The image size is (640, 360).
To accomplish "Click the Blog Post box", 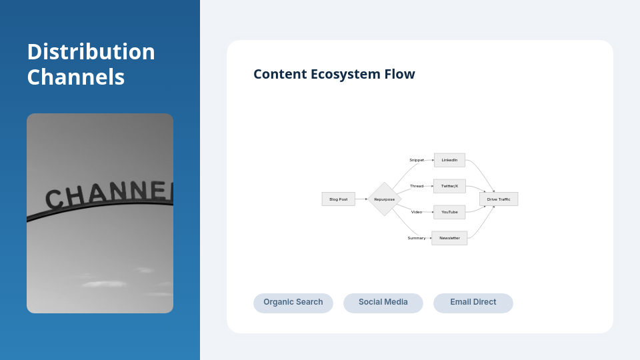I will coord(338,199).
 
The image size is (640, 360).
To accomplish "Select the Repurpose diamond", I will coord(384,199).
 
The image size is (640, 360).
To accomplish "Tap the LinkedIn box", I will coord(449,160).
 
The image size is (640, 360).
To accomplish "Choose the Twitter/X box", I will coord(449,186).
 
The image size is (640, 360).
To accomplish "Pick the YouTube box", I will coord(449,212).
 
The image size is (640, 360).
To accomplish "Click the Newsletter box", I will coord(449,238).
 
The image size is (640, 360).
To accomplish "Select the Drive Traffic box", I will coord(499,199).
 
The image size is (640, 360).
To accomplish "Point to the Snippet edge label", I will coord(417,160).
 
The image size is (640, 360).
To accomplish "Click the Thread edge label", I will coord(417,186).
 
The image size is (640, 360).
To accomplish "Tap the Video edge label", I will coord(417,212).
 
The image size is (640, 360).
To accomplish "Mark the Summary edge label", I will coord(417,238).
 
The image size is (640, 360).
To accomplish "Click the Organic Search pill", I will coord(293,303).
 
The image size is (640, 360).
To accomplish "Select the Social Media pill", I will coord(383,303).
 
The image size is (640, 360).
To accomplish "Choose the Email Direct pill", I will coord(473,303).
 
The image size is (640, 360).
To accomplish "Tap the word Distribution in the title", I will coord(91,52).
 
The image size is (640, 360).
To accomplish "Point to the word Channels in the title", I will coord(75,77).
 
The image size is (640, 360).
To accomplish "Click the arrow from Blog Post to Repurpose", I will coord(361,199).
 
